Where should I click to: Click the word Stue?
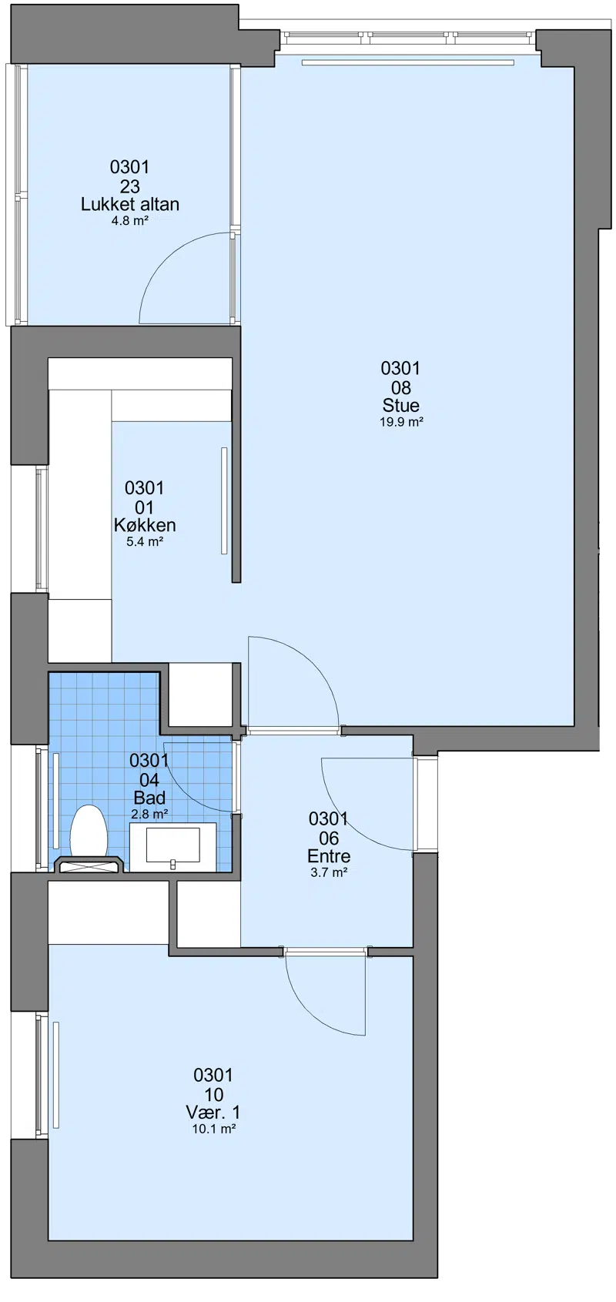point(401,405)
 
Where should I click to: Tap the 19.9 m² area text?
point(401,423)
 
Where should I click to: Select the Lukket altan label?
point(130,204)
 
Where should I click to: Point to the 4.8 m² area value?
point(130,221)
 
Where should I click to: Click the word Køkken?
point(145,525)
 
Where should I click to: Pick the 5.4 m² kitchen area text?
point(145,542)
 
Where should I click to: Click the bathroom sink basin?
point(172,845)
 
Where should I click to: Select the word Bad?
point(149,798)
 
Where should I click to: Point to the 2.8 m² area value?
point(149,815)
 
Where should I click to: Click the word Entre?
point(329,855)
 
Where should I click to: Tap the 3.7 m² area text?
point(329,872)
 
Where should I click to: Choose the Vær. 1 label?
point(213,1113)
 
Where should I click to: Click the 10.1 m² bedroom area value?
point(213,1130)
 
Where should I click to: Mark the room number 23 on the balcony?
point(130,186)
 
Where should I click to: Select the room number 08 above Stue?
point(401,387)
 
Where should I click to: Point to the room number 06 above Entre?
point(329,838)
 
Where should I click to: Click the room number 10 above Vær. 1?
point(214,1094)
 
